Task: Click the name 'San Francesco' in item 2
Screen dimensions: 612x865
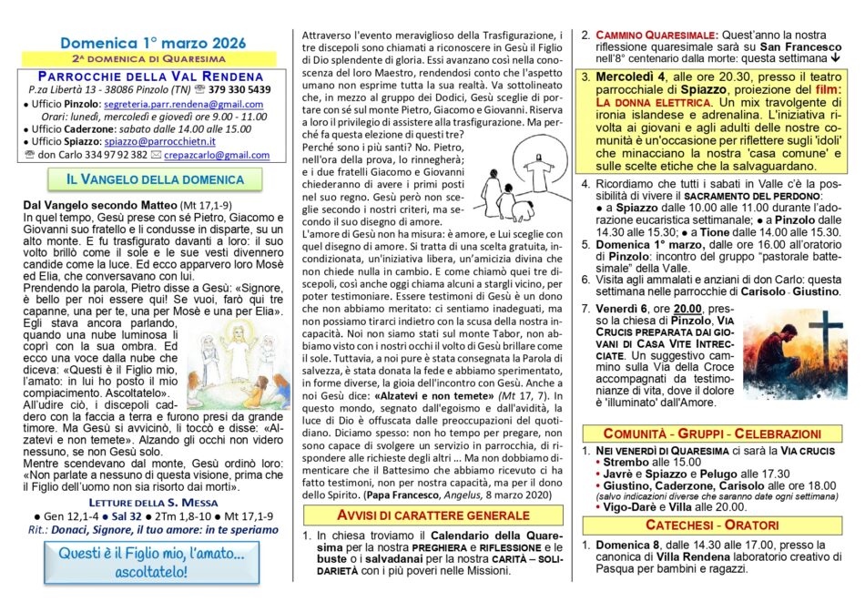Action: pos(800,47)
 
